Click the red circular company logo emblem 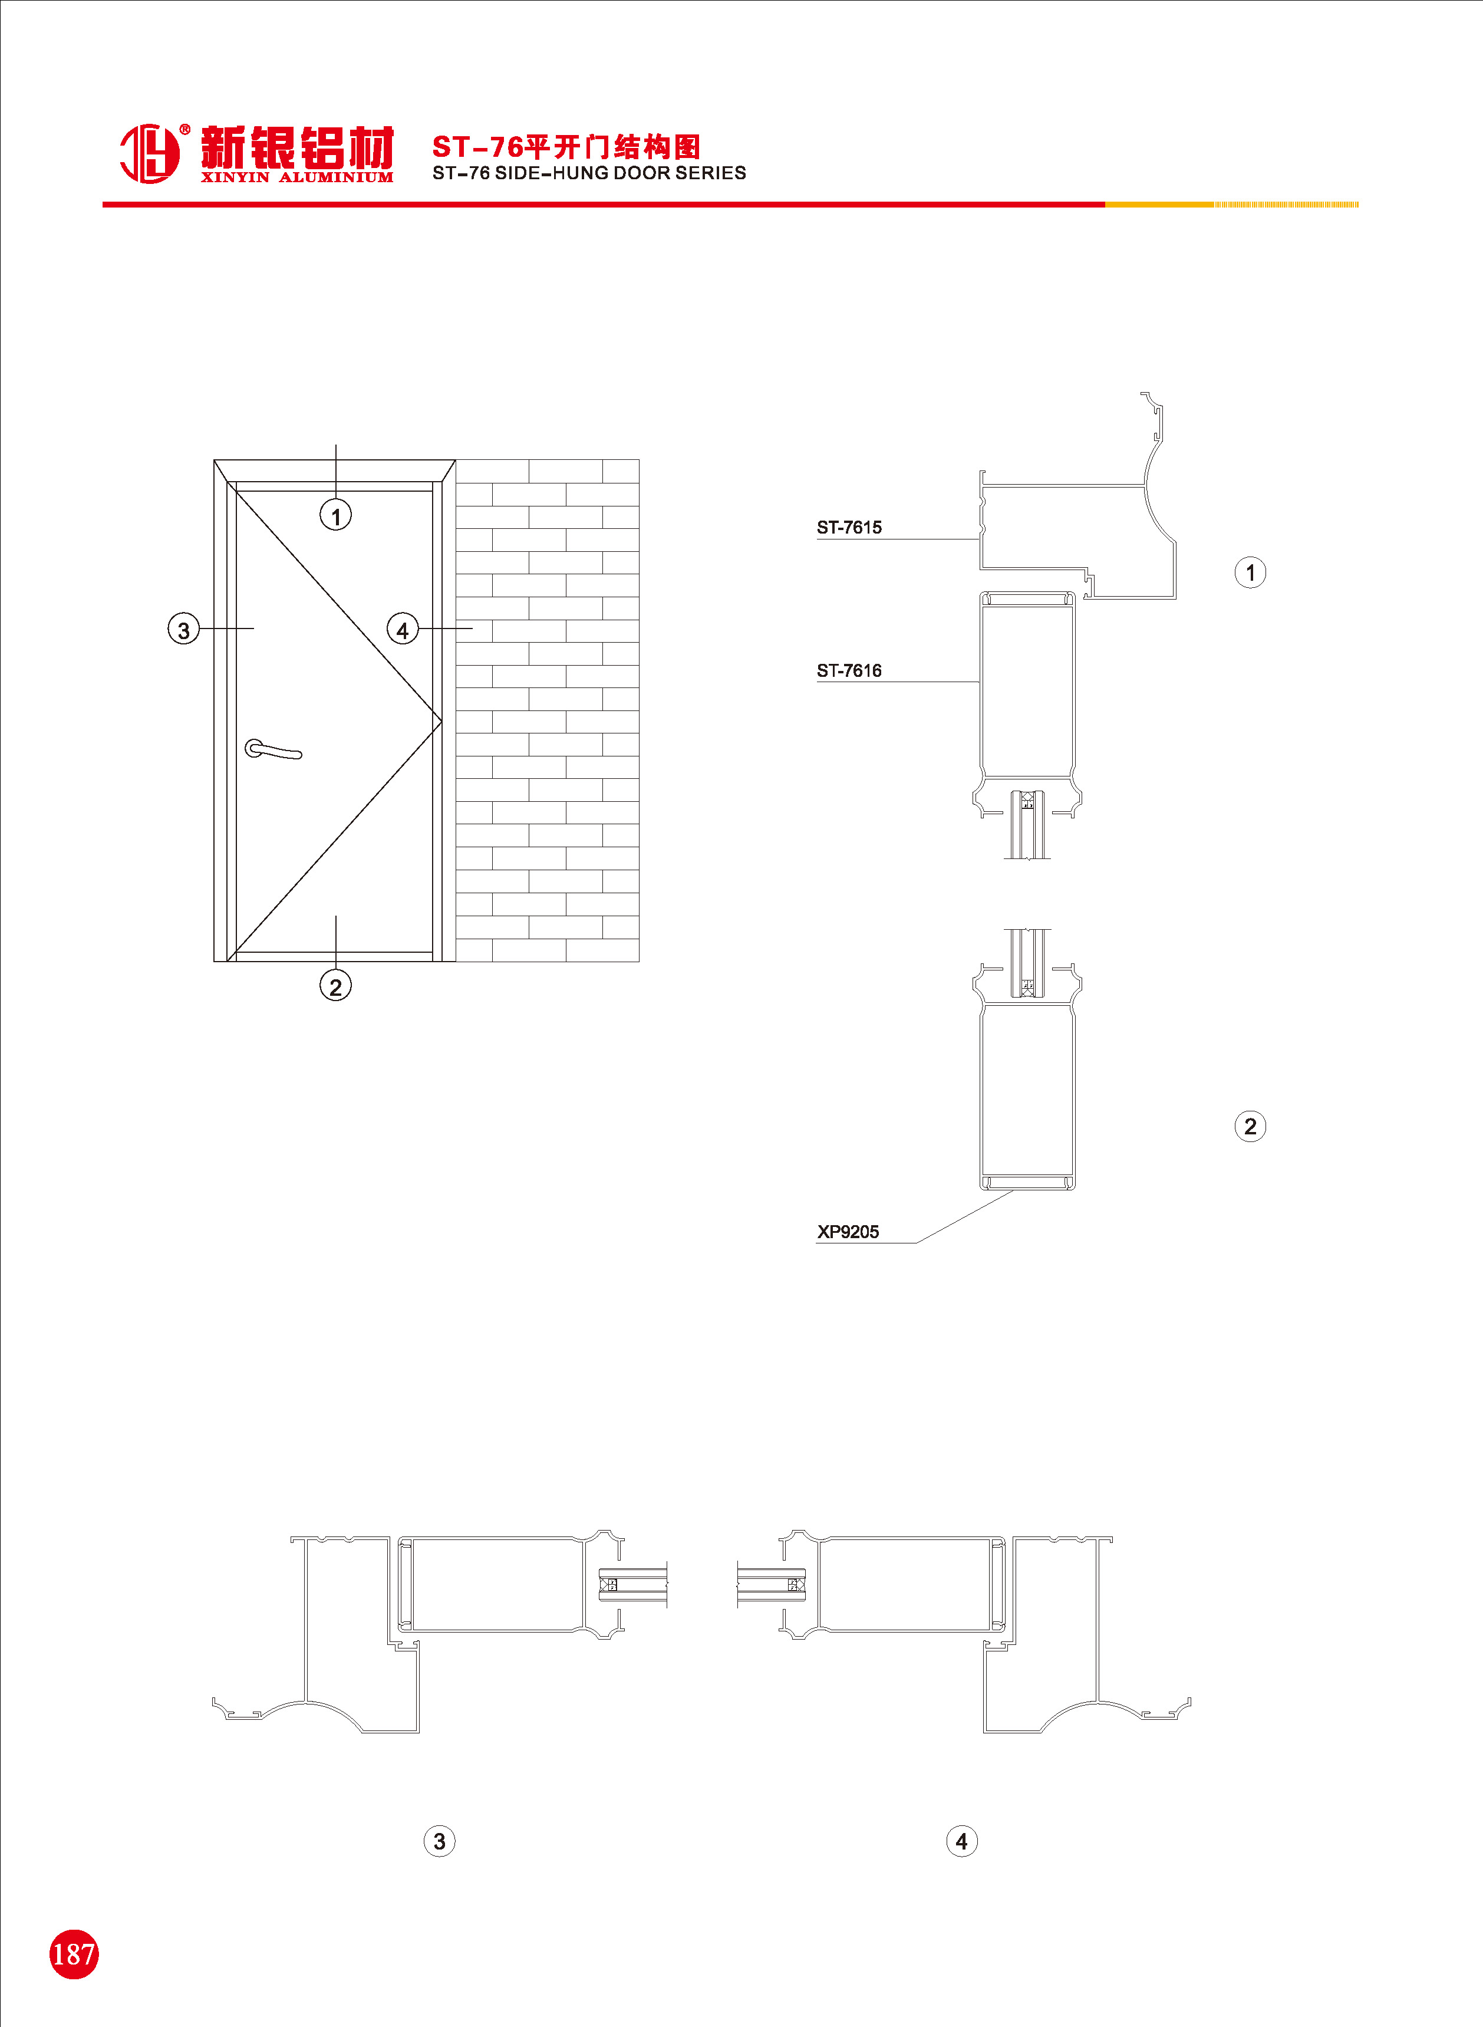pos(149,153)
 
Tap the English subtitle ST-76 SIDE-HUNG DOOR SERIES pos(589,173)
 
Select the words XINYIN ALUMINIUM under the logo pos(297,177)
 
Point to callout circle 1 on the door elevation pos(336,515)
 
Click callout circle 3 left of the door pos(184,629)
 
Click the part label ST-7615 pos(849,528)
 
